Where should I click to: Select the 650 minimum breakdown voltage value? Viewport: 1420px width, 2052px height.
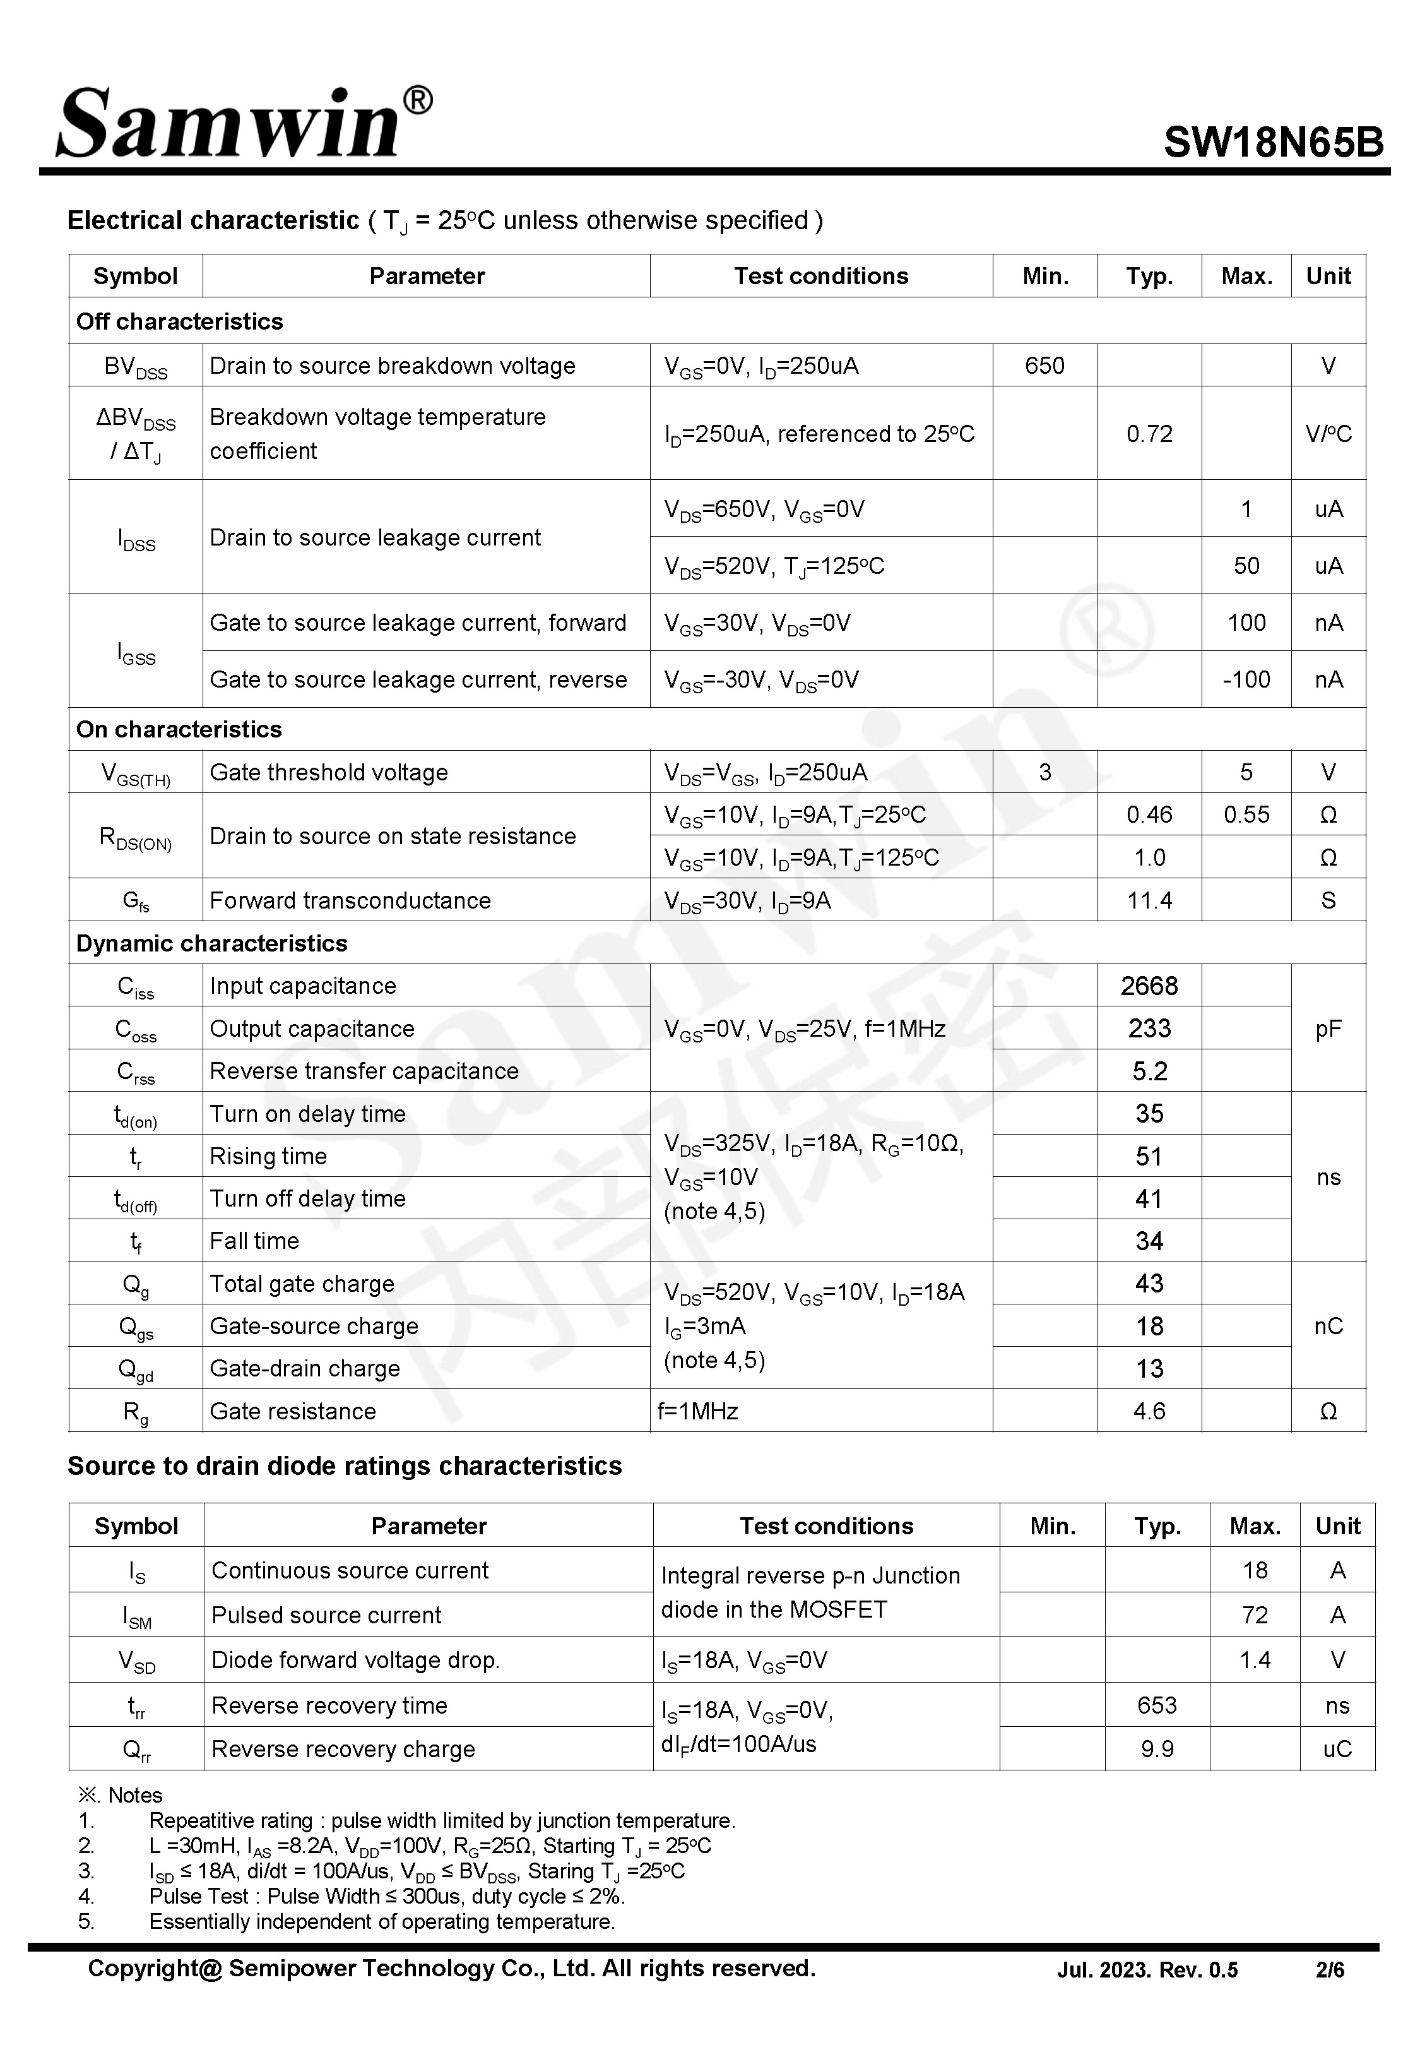tap(1044, 366)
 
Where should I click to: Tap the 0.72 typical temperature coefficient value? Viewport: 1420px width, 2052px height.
tap(1149, 434)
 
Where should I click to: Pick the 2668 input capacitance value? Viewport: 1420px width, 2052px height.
tap(1149, 986)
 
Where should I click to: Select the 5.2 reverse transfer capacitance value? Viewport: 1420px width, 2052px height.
tap(1149, 1071)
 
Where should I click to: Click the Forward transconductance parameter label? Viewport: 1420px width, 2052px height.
tap(350, 900)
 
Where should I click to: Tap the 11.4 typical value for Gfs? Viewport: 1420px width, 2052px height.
tap(1149, 900)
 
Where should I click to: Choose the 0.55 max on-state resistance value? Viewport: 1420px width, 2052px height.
tap(1246, 815)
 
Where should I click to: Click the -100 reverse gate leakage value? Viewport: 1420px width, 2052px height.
tap(1246, 680)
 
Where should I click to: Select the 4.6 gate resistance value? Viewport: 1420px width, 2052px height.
tap(1149, 1411)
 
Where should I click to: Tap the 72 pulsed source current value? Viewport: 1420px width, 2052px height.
tap(1255, 1615)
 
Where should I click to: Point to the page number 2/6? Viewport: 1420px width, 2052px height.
tap(1330, 1970)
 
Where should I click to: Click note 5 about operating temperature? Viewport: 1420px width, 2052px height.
tap(382, 1921)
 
